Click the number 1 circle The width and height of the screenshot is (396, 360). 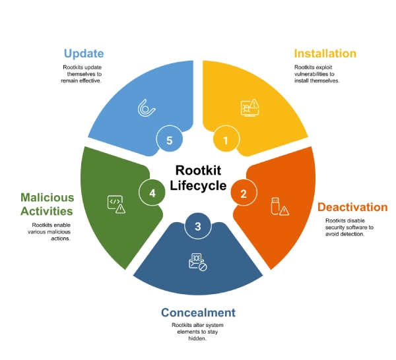point(226,139)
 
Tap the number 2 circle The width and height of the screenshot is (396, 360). point(243,193)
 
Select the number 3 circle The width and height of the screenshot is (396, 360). point(197,226)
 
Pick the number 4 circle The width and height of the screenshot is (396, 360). point(152,193)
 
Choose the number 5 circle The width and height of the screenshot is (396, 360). point(169,139)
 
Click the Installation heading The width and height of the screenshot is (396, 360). point(325,53)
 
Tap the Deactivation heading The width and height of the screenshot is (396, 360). point(352,207)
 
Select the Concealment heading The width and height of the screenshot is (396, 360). point(198,312)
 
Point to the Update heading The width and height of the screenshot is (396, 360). point(84,53)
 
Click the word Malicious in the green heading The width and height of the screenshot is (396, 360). point(46,197)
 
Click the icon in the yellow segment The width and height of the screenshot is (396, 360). point(250,107)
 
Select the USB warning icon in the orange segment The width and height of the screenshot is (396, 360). point(279,207)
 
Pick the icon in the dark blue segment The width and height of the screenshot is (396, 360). point(197,261)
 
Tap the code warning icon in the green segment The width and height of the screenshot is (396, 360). point(116,204)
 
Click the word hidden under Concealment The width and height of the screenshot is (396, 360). point(197,338)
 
